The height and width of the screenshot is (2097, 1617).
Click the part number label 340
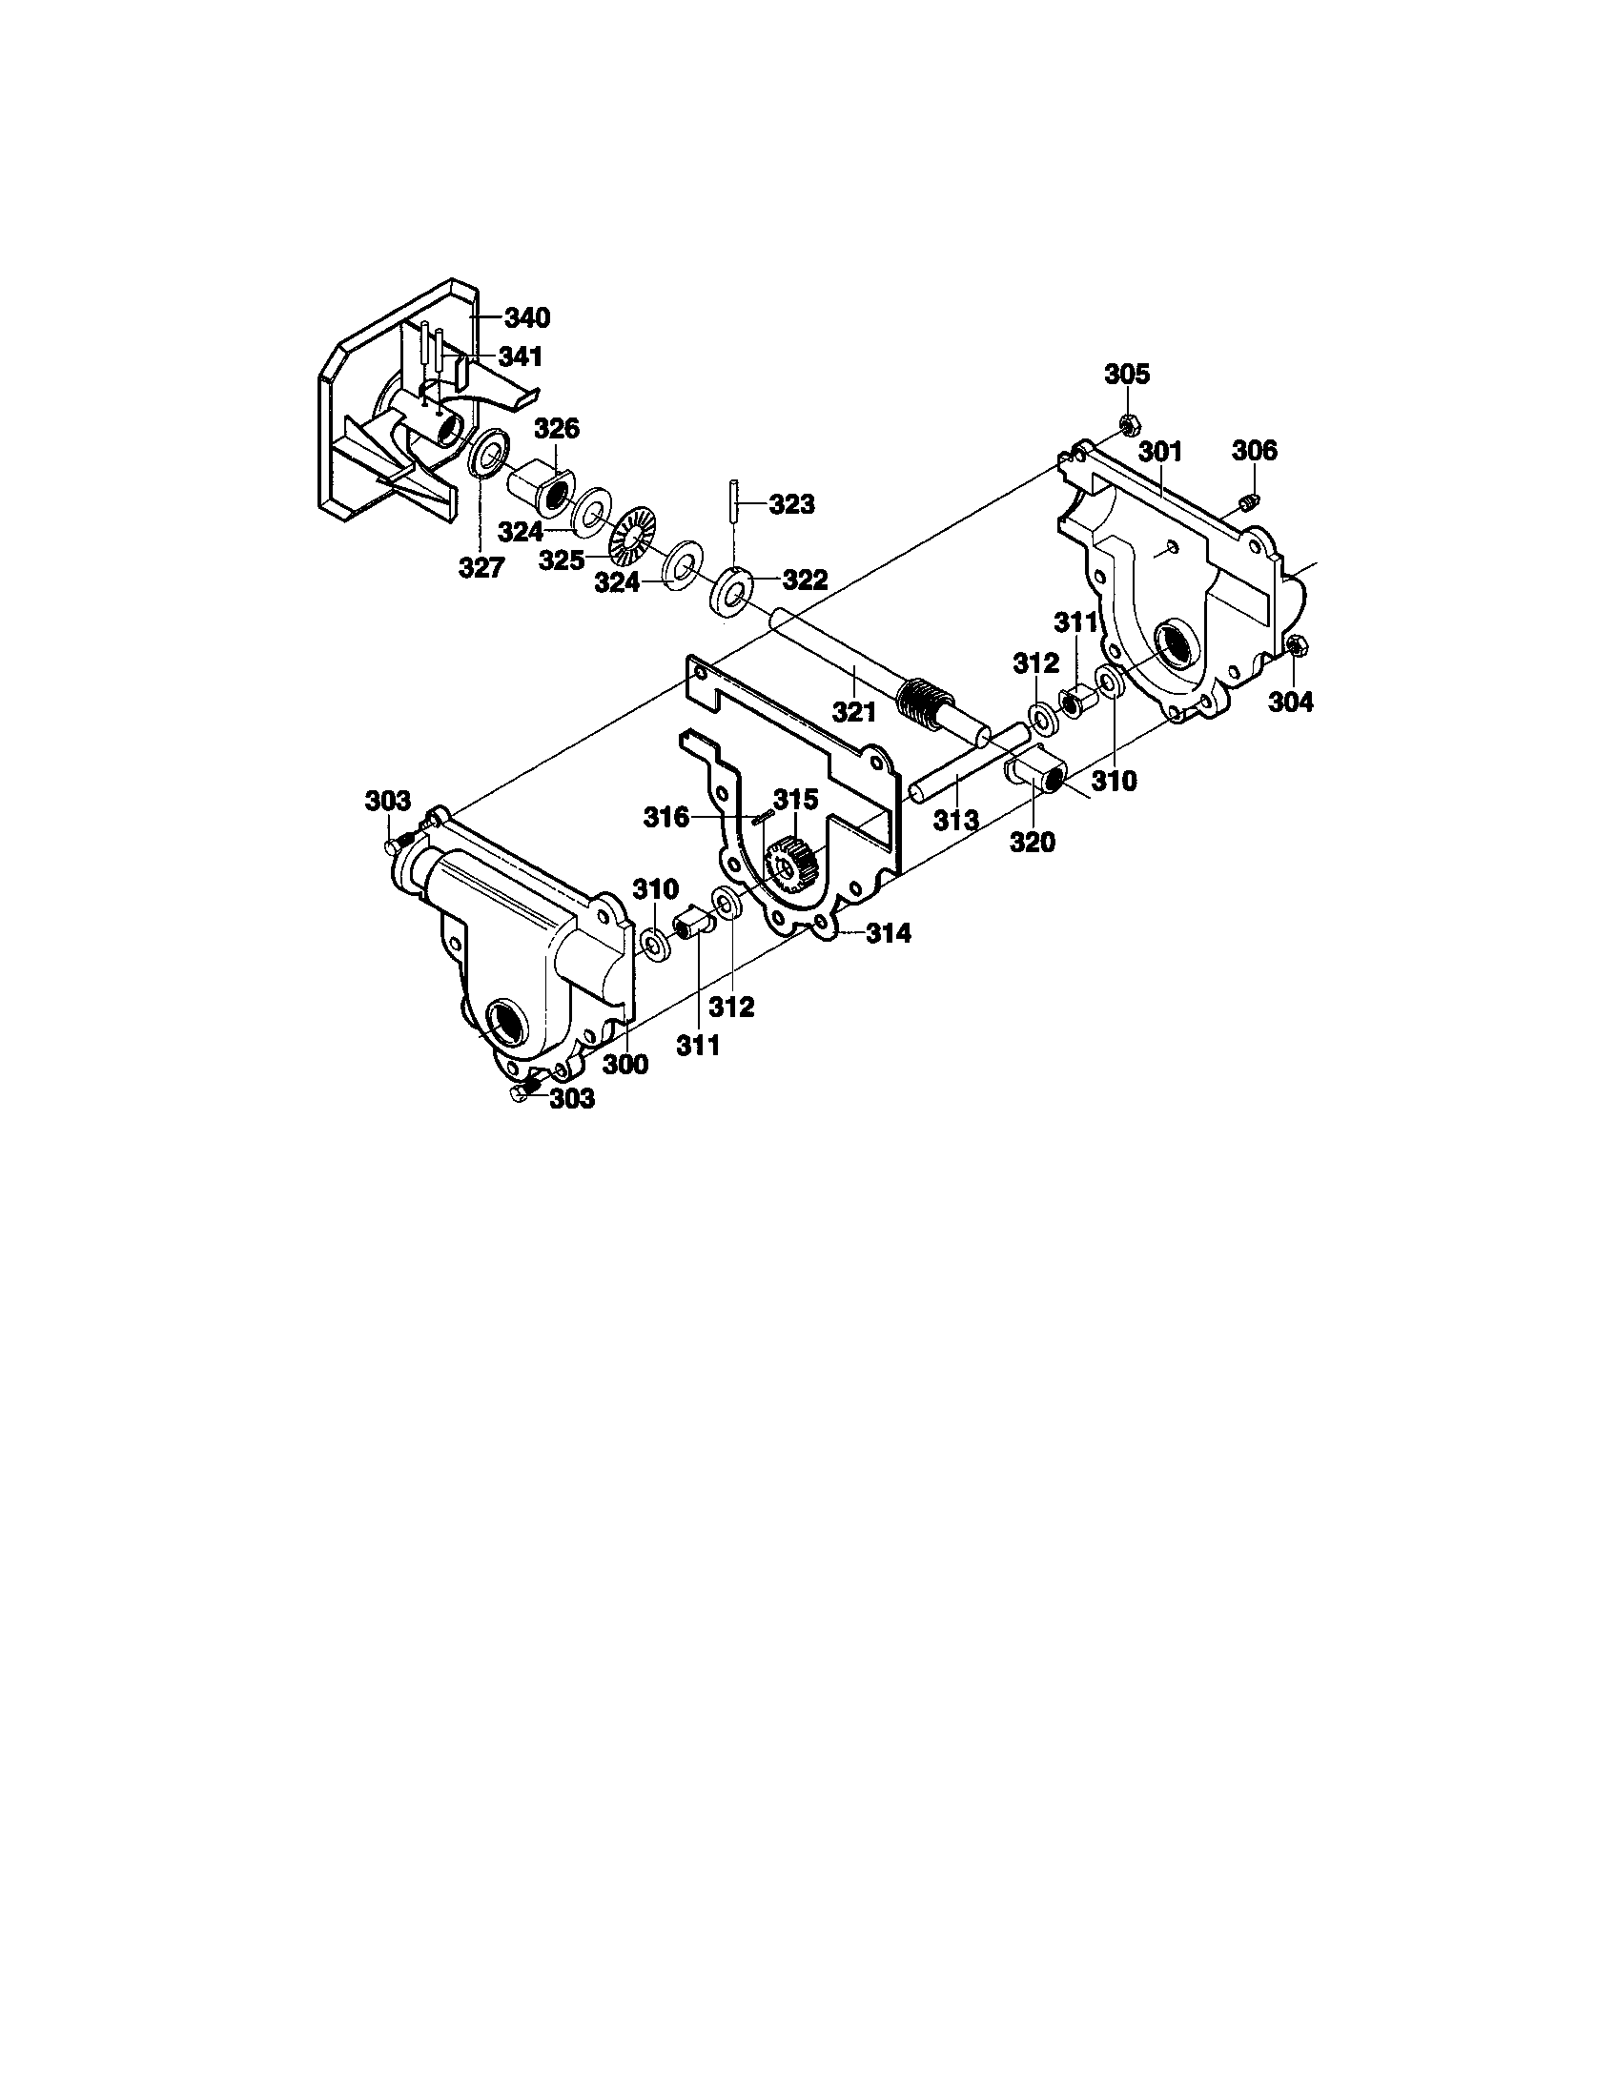[x=526, y=316]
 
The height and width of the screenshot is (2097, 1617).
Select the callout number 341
[x=520, y=356]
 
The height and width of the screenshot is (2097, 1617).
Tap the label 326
[x=557, y=428]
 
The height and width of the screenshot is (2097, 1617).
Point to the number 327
[x=481, y=567]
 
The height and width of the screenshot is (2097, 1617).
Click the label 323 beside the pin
[x=791, y=503]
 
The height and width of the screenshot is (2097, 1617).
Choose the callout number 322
[x=805, y=579]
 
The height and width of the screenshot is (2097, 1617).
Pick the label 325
[x=562, y=560]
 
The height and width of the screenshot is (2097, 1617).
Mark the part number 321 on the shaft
[x=853, y=711]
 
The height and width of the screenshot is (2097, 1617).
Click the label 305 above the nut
[x=1126, y=374]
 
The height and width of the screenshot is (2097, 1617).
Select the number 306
[x=1255, y=449]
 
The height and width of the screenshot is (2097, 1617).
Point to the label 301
[x=1161, y=451]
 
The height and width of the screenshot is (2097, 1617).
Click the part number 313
[x=956, y=819]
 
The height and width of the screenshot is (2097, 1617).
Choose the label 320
[x=1033, y=842]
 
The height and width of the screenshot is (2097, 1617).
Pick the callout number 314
[x=888, y=932]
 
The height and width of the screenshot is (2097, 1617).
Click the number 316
[x=666, y=817]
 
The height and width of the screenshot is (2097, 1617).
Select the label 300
[x=625, y=1064]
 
